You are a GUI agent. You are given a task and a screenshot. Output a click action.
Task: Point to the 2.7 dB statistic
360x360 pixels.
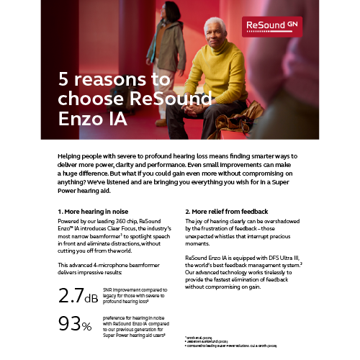(78, 294)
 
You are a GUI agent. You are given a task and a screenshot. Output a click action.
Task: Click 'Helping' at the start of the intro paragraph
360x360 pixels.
(69, 156)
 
